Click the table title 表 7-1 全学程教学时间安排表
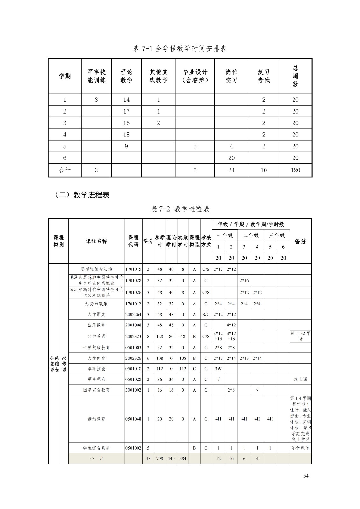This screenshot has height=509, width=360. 180,49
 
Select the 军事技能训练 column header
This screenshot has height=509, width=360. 96,76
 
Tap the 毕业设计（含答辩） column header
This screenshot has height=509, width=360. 195,76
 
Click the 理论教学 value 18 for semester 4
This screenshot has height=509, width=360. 126,135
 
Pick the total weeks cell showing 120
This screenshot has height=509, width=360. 295,170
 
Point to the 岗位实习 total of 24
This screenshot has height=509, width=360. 231,170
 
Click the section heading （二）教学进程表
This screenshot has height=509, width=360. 82,195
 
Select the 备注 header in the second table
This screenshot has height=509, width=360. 300,241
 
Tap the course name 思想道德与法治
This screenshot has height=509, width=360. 96,269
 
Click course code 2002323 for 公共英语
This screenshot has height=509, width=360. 133,336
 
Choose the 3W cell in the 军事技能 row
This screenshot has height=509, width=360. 218,369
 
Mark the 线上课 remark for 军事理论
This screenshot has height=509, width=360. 300,379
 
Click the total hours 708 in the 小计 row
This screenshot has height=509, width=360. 159,458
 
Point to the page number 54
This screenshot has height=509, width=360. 306,476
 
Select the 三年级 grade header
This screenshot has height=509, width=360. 277,235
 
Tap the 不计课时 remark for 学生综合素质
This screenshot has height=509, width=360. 300,448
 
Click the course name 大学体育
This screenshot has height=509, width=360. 96,358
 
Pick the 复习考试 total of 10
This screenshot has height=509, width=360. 264,170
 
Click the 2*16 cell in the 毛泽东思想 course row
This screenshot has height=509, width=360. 244,280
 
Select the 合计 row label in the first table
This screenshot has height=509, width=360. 65,170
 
